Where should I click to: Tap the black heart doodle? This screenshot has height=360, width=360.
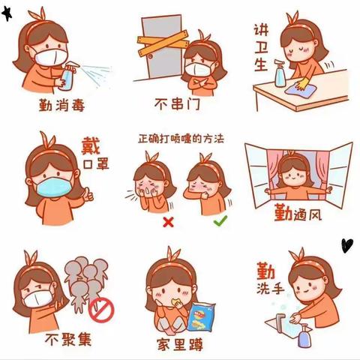click(x=346, y=244)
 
